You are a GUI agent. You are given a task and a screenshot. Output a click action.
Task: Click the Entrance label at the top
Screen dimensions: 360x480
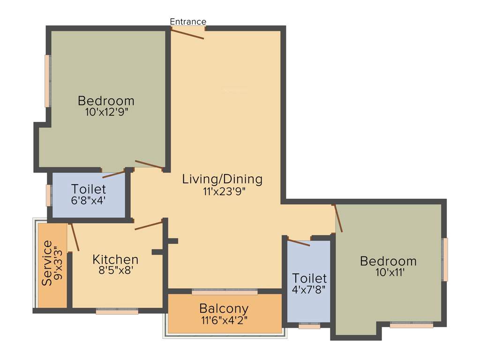point(187,22)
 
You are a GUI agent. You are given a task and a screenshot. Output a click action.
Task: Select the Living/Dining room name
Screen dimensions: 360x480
point(222,179)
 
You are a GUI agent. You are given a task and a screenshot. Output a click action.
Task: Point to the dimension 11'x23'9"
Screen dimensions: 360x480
point(222,191)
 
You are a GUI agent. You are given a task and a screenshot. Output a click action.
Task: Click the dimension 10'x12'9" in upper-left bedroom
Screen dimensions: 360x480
point(106,112)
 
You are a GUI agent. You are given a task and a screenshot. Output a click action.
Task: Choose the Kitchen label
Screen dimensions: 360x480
point(115,259)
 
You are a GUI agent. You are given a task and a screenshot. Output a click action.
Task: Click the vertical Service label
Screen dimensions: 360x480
point(47,263)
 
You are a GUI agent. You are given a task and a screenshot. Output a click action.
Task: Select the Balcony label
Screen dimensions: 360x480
point(224,309)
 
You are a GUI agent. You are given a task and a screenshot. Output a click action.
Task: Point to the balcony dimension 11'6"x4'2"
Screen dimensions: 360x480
point(224,321)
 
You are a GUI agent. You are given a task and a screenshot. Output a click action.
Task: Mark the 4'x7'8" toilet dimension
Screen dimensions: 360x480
point(309,289)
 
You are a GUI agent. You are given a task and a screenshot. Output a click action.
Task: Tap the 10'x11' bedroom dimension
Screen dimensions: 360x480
point(388,273)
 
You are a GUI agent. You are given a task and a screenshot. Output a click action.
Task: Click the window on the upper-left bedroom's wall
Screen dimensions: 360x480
point(47,81)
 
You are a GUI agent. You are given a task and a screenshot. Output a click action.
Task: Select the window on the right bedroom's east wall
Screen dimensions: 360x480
point(445,259)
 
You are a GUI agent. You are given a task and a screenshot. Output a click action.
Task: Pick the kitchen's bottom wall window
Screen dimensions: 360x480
point(117,311)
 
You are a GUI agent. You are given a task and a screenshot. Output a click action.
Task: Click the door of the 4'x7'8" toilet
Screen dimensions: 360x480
point(299,243)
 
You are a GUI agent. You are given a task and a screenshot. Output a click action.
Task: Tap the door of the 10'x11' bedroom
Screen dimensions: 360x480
point(338,218)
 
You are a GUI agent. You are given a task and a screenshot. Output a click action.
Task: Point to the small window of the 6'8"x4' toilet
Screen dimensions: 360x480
point(48,195)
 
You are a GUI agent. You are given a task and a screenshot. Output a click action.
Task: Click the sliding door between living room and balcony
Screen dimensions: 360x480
point(225,292)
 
